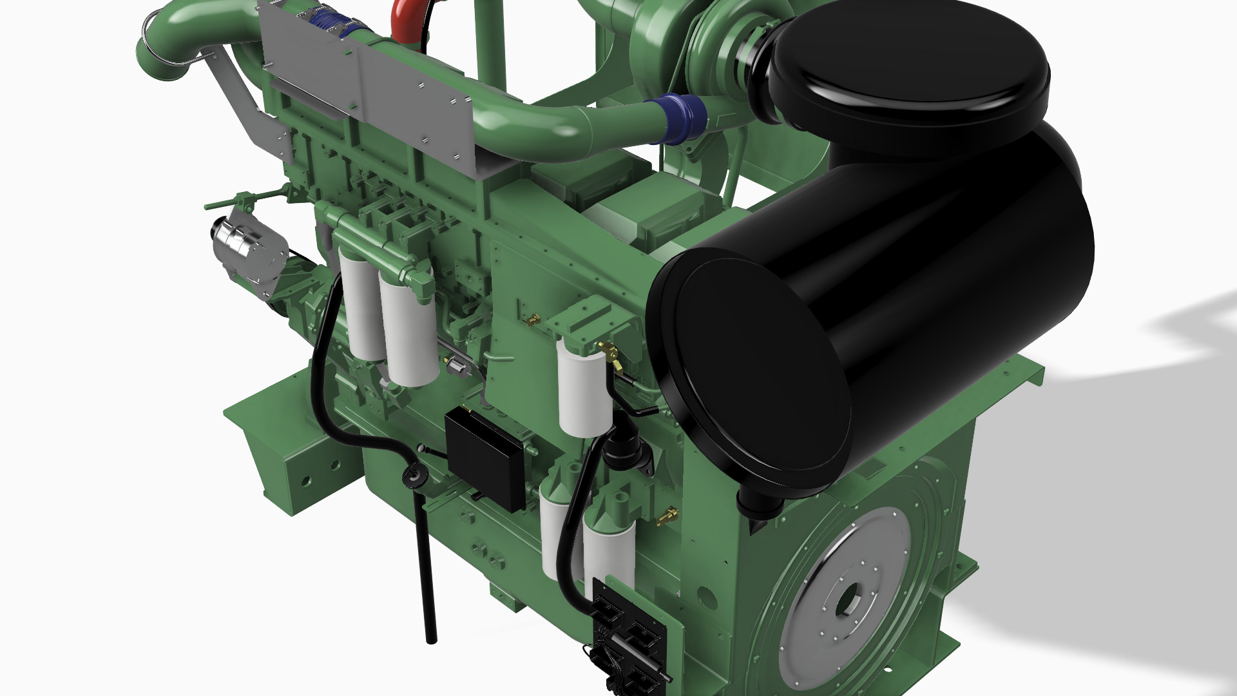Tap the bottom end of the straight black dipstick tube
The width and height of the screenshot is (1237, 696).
point(431,638)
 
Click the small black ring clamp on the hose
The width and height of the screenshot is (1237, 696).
point(414,476)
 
